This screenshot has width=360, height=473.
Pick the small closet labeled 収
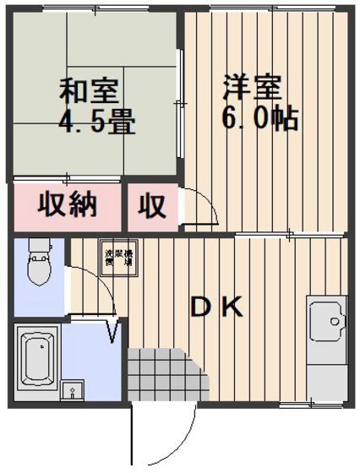pyautogui.click(x=152, y=205)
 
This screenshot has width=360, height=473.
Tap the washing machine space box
pyautogui.click(x=114, y=258)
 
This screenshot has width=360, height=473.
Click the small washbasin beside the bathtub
pyautogui.click(x=74, y=390)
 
